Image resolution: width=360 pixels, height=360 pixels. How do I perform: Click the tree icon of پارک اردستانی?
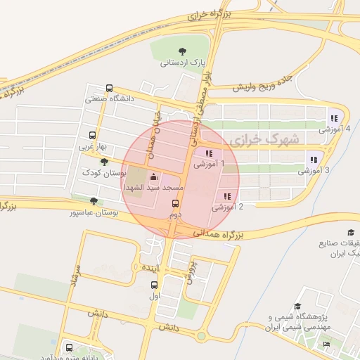coord(183,51)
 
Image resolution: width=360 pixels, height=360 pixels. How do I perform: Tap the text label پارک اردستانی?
coord(183,63)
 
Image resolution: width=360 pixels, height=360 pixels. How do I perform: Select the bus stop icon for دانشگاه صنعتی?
coord(109,89)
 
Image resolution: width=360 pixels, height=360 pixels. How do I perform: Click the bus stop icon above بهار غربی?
coord(92,136)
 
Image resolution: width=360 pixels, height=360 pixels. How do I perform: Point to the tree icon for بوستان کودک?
coord(105,162)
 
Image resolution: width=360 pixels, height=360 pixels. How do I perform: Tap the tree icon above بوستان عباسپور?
coord(94,201)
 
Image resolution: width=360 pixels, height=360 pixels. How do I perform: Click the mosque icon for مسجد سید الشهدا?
coord(154,177)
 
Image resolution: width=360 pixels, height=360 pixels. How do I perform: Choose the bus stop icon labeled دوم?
coord(175,203)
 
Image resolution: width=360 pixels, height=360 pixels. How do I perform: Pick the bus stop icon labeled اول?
coord(155,285)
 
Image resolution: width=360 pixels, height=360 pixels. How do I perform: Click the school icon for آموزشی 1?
coord(209,153)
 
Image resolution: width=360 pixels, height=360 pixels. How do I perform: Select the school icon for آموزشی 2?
coord(227,196)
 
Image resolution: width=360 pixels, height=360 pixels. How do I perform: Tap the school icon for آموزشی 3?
coord(314,160)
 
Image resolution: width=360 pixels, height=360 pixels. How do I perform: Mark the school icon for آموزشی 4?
coord(334,118)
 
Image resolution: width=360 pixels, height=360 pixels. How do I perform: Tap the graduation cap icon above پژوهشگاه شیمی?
coord(297,307)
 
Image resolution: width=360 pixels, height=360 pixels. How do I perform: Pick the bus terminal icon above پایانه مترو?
coord(69,347)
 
